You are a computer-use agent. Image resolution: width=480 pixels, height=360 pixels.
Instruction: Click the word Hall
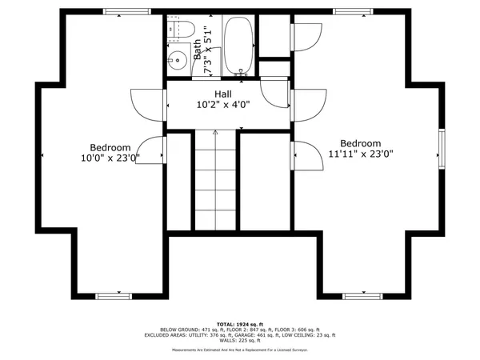pyautogui.click(x=223, y=94)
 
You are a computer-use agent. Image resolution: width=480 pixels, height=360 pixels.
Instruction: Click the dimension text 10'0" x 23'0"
pyautogui.click(x=110, y=158)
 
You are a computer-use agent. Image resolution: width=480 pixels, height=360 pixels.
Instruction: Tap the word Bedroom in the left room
pyautogui.click(x=110, y=147)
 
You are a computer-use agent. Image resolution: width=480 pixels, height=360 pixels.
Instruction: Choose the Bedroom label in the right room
pyautogui.click(x=360, y=142)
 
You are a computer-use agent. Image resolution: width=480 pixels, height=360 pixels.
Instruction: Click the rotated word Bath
pyautogui.click(x=198, y=50)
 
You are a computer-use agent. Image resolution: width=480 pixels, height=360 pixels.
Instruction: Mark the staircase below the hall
pyautogui.click(x=216, y=180)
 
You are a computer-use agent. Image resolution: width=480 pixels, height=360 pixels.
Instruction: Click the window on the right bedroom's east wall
pyautogui.click(x=440, y=147)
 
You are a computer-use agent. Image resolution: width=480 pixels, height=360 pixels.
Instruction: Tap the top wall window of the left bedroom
pyautogui.click(x=127, y=11)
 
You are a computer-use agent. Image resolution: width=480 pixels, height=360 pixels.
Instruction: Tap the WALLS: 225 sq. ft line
pyautogui.click(x=240, y=341)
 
